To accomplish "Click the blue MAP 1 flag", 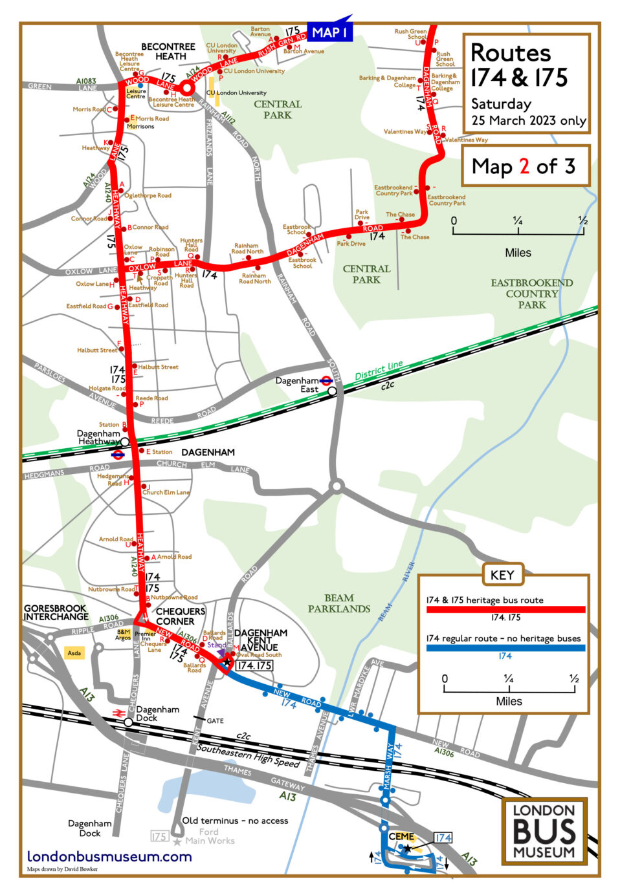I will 329,32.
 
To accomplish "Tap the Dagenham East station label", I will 298,385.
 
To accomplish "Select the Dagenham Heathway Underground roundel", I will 118,455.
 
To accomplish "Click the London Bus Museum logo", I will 544,832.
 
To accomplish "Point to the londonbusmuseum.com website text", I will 109,856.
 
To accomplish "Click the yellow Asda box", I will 74,653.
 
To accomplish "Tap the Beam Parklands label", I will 339,603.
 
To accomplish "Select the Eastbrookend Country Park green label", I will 531,294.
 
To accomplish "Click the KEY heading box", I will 502,574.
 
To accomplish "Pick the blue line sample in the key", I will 505,647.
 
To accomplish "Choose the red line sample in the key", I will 505,609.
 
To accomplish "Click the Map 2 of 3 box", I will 525,166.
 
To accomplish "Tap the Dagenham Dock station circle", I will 129,722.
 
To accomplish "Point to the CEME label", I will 401,836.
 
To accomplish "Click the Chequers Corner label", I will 181,616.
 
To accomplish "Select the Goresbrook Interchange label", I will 56,612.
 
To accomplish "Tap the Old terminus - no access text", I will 235,820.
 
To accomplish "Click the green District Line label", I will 379,371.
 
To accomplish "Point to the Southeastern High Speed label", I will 249,755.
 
